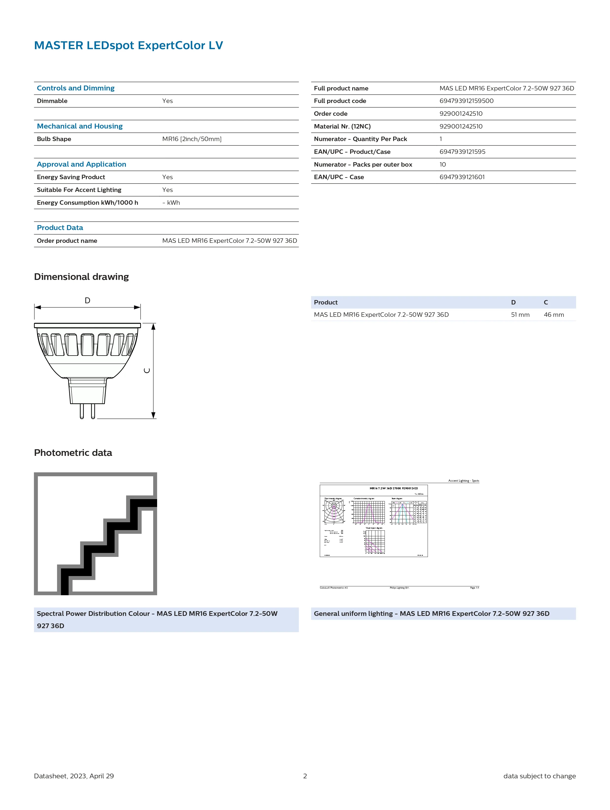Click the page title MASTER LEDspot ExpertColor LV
point(128,45)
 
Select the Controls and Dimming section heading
point(75,88)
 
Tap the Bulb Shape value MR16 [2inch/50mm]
point(192,139)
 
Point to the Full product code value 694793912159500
point(466,101)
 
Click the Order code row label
point(330,114)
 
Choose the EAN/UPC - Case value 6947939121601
point(462,177)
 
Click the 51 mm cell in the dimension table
point(520,315)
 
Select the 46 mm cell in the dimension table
point(554,315)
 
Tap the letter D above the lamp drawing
point(88,301)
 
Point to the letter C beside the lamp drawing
point(147,371)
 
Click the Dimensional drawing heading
point(81,277)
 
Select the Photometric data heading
point(73,453)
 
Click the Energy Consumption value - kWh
point(171,203)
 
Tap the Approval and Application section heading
point(81,164)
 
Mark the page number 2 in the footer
point(305,776)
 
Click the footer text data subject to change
point(539,776)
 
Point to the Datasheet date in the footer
point(74,776)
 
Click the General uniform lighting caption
point(431,614)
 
